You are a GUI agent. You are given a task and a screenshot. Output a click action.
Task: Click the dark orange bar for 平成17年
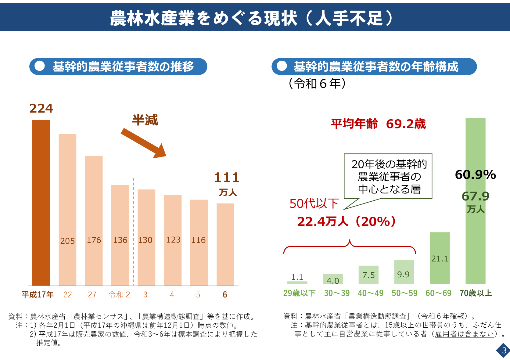point(41,203)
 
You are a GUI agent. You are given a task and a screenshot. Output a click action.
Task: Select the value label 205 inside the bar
point(67,241)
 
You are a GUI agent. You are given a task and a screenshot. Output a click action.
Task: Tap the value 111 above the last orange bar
point(227,177)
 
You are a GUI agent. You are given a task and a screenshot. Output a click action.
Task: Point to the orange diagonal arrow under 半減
point(144,143)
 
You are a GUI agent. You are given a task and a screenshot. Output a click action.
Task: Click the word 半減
point(145,120)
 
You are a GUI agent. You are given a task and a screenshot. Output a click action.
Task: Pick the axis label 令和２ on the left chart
point(119,295)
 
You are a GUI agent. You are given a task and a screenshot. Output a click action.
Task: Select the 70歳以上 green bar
point(476,201)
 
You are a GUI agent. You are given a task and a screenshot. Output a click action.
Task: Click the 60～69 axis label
point(438,293)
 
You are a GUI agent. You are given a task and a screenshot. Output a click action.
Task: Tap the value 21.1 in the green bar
point(440,259)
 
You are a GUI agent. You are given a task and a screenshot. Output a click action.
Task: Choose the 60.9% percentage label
point(476,175)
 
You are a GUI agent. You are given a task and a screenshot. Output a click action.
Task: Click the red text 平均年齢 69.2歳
point(378,124)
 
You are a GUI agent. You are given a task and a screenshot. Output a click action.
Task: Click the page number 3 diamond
point(504,350)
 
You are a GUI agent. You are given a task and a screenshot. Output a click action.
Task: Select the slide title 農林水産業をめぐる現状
point(203,18)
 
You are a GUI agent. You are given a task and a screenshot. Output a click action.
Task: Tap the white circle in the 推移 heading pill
point(40,66)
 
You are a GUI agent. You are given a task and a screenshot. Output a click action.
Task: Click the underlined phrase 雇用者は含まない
point(465,334)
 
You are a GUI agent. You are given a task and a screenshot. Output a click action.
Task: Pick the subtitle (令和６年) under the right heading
point(317,84)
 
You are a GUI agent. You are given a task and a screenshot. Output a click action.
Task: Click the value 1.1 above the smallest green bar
point(297,277)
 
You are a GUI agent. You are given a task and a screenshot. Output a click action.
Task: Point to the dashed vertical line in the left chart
point(133,231)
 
